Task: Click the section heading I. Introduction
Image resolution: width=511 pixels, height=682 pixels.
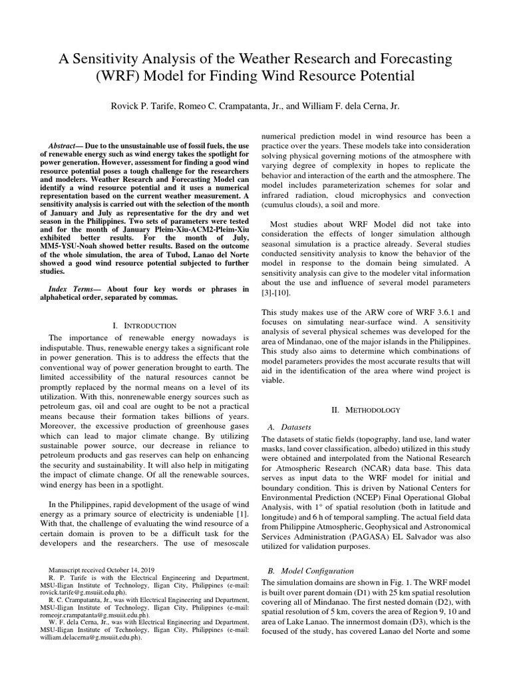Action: point(144,325)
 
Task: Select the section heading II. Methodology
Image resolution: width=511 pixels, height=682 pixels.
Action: point(371,410)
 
